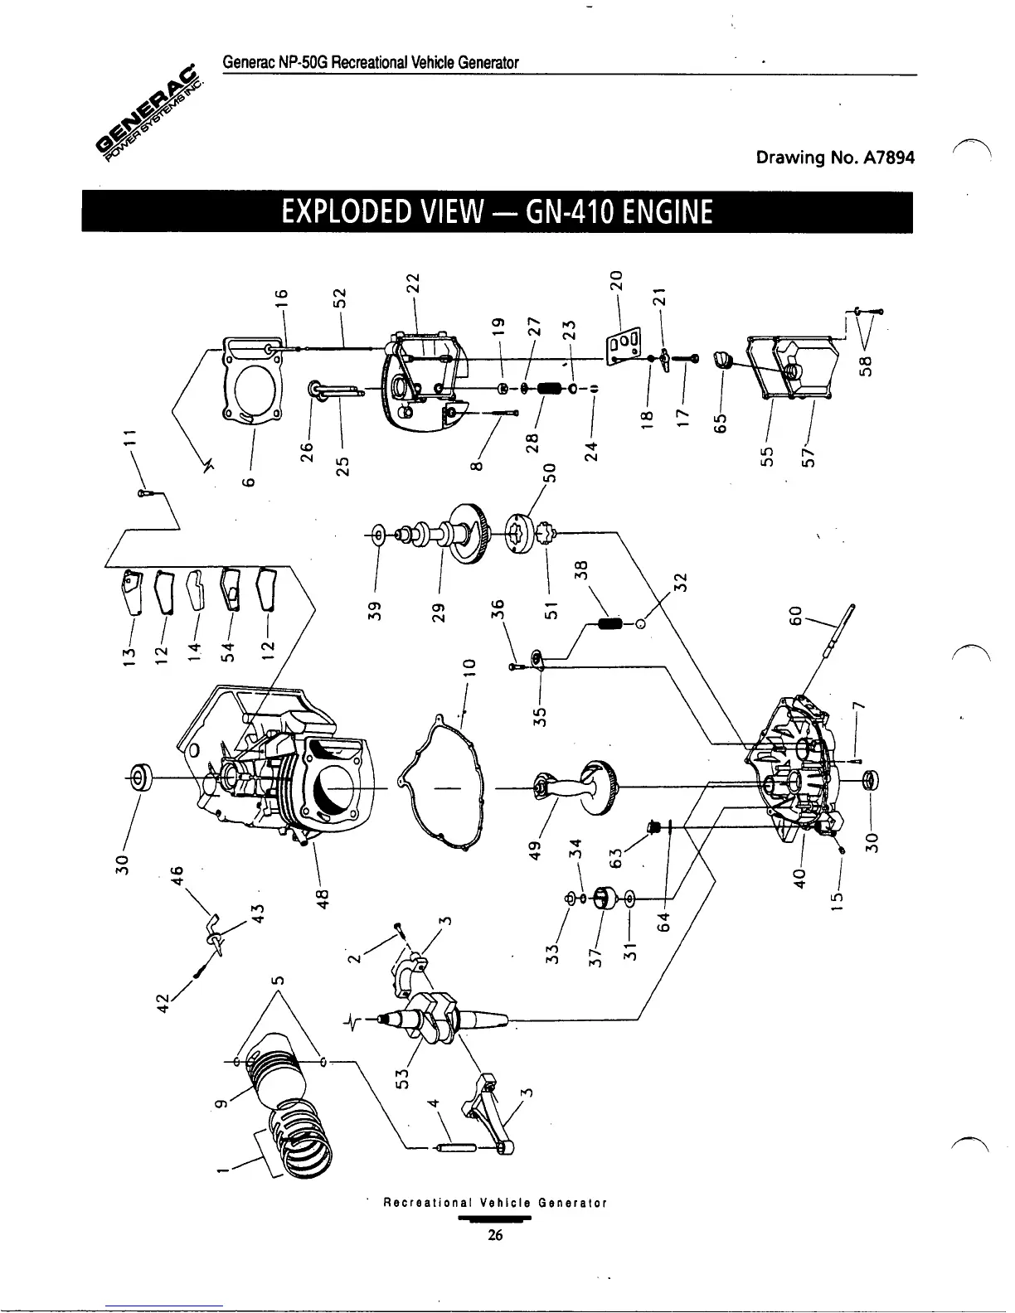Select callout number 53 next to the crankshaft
coord(404,1079)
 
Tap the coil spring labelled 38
coord(609,625)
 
